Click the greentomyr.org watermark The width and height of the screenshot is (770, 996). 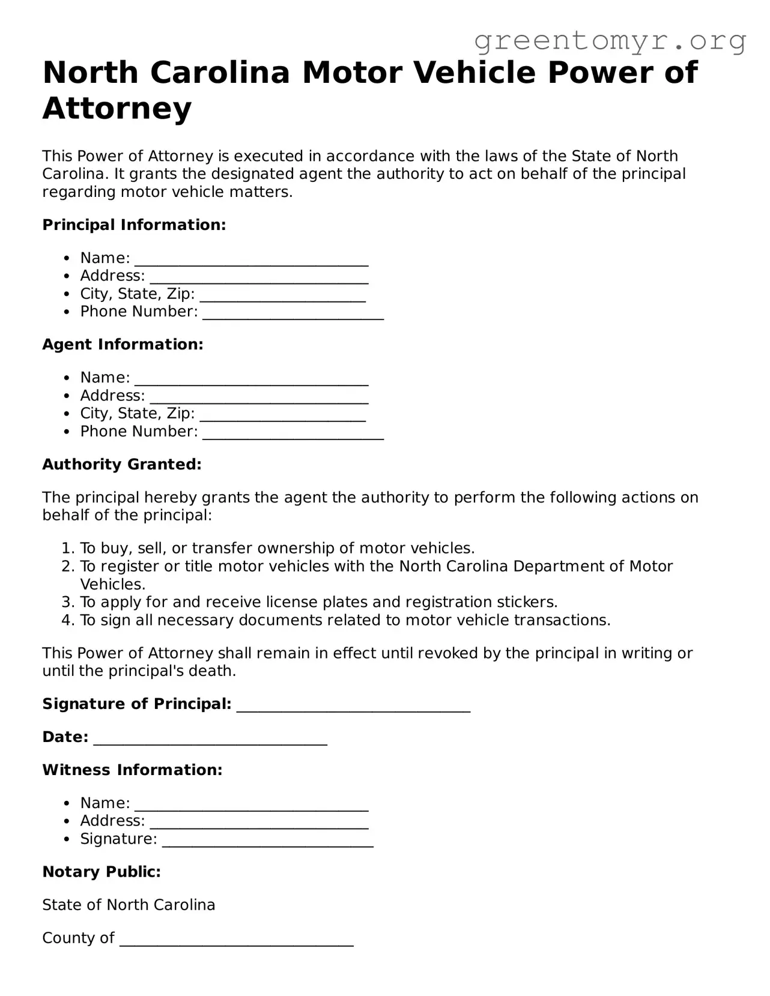tap(610, 41)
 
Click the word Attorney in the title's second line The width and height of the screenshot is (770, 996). tap(117, 109)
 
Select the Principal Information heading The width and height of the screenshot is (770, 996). tap(134, 225)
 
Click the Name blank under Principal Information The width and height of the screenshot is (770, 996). tap(251, 259)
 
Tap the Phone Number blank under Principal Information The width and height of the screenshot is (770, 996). tap(293, 313)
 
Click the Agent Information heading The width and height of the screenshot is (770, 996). tap(123, 345)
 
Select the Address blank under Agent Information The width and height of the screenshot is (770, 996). tap(259, 397)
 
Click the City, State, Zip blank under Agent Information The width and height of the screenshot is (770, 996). tap(282, 415)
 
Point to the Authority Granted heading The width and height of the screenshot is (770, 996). tap(122, 465)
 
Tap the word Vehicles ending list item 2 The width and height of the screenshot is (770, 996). tap(112, 585)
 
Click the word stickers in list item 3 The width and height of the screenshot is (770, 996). tap(527, 602)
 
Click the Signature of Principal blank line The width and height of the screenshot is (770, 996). tap(353, 705)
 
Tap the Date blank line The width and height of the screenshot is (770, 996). tap(210, 738)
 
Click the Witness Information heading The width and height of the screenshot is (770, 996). tap(132, 770)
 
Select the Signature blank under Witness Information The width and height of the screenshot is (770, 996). tap(267, 841)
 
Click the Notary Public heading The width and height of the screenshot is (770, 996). tap(102, 872)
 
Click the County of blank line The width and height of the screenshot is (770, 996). tap(236, 940)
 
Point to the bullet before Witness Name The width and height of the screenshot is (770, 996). tap(67, 804)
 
